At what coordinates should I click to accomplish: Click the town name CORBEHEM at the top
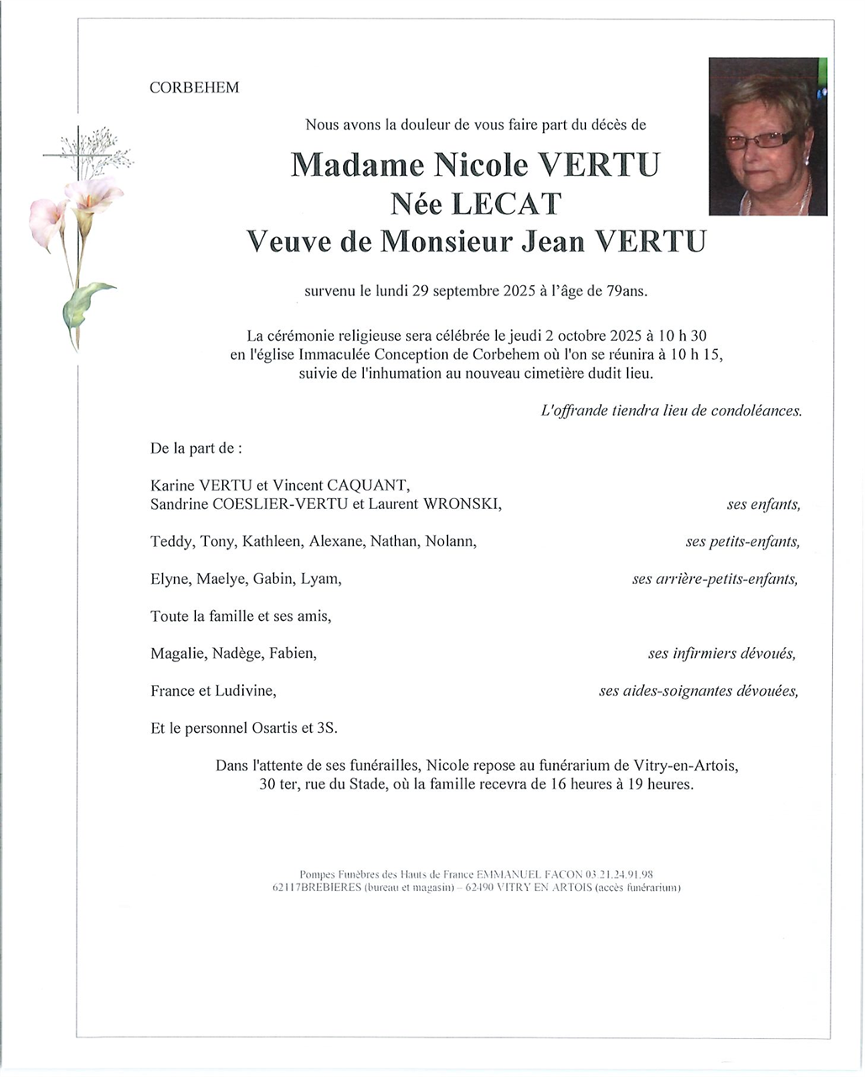coord(194,88)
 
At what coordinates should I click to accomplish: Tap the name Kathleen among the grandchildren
coord(272,541)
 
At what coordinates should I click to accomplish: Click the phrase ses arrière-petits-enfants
coord(715,579)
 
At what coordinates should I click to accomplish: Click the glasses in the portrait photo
coord(760,140)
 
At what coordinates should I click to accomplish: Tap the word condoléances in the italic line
coord(756,411)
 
